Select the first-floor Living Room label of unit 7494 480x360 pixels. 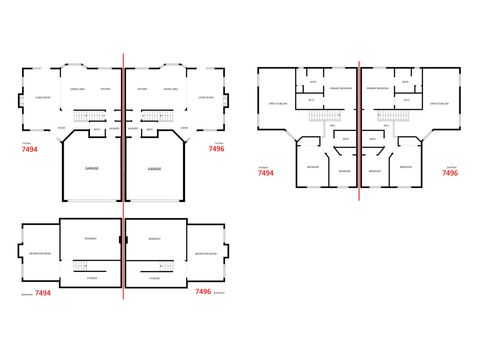click(x=43, y=98)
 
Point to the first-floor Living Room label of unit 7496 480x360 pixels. click(x=205, y=98)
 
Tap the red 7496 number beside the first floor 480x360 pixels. click(x=216, y=149)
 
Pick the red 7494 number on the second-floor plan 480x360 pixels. click(x=265, y=173)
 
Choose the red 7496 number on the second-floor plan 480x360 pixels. click(x=450, y=173)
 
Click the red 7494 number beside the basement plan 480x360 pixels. click(x=43, y=293)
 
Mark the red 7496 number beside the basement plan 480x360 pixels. click(x=203, y=292)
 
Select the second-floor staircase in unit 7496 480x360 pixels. click(x=390, y=115)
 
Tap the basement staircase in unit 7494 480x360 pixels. click(x=89, y=264)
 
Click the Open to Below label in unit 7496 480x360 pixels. click(x=440, y=103)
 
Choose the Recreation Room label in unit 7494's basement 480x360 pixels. click(x=41, y=256)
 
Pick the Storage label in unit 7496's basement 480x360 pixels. click(x=155, y=278)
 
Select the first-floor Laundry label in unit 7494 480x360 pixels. click(x=114, y=128)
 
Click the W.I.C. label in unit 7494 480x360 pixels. click(x=311, y=100)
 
